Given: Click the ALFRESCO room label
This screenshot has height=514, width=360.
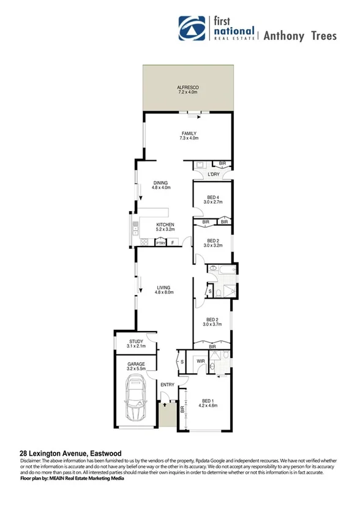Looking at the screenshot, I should click(x=188, y=88).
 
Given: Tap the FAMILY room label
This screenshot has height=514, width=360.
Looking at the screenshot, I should click(x=188, y=133).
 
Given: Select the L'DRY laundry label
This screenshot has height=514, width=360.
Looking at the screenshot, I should click(x=214, y=175).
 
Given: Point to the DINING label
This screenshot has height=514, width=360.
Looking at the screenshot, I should click(x=161, y=182).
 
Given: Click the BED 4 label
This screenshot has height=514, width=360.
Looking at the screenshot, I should click(x=212, y=196).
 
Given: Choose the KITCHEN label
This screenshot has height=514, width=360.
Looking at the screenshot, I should click(x=165, y=225).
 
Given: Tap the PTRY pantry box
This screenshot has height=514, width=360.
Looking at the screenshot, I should click(x=160, y=243).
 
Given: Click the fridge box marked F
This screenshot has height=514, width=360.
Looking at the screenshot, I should click(x=173, y=243).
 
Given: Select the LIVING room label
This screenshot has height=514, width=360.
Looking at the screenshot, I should click(x=163, y=287).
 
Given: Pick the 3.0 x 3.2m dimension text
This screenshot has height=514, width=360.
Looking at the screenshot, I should click(x=212, y=245).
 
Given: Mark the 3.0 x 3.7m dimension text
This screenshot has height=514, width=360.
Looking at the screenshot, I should click(x=212, y=324).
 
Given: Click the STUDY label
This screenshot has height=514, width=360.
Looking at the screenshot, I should click(x=135, y=342).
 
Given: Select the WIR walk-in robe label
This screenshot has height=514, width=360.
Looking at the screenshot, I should click(x=200, y=361).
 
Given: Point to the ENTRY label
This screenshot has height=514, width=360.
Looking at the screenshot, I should click(x=167, y=384).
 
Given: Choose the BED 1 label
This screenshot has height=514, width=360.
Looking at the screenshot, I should click(x=210, y=401).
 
